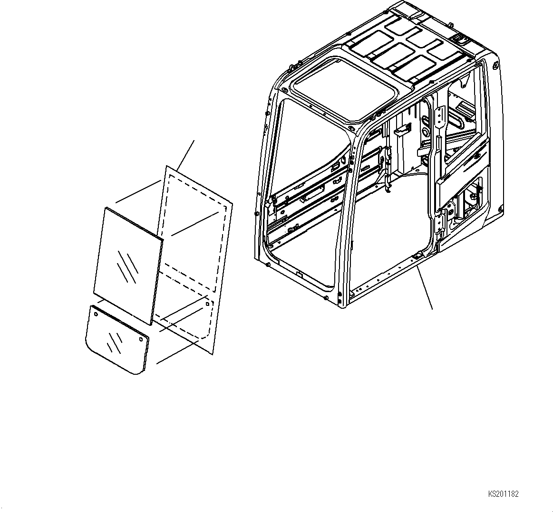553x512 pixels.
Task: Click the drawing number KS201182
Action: pos(503,494)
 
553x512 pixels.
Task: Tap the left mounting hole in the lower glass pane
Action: pos(96,314)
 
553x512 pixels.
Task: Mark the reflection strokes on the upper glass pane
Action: pos(127,265)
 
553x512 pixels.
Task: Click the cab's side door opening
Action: pos(395,209)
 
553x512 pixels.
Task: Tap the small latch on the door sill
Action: pos(416,256)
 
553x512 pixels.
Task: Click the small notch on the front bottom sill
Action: pos(299,274)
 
